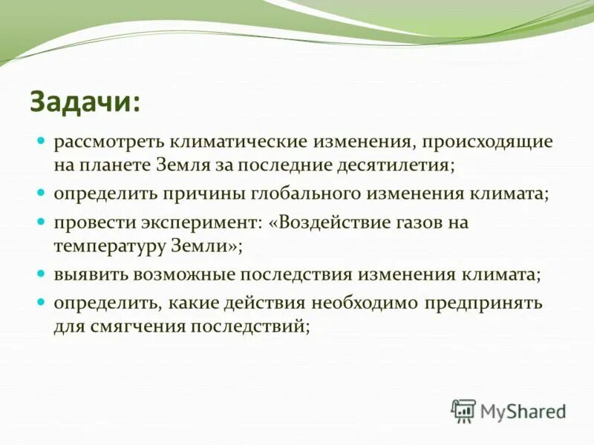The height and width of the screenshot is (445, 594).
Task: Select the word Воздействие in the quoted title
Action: tap(346, 222)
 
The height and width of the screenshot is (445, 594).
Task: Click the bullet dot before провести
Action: tap(42, 222)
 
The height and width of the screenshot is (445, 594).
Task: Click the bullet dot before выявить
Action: tap(42, 274)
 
